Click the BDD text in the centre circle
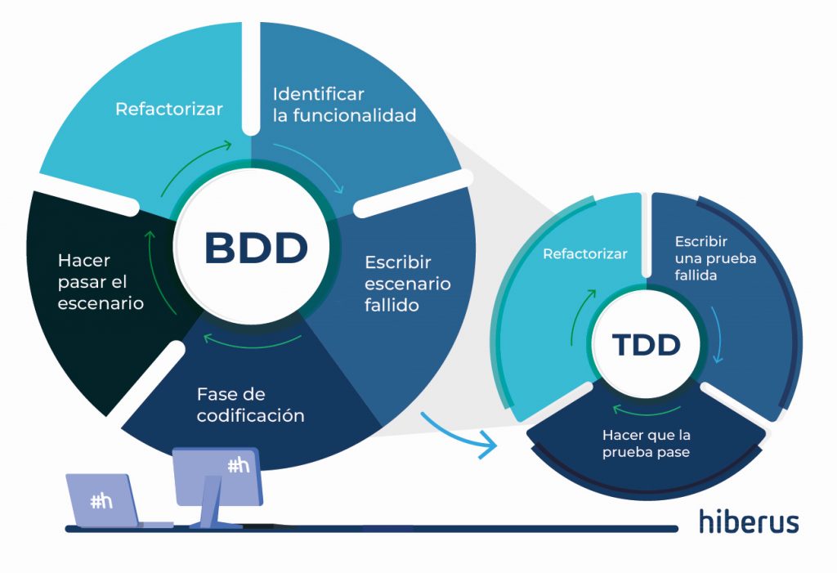pyautogui.click(x=256, y=248)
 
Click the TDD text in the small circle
pyautogui.click(x=647, y=344)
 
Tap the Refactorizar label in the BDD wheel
pyautogui.click(x=169, y=109)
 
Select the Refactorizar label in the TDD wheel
pyautogui.click(x=585, y=253)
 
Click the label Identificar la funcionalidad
pyautogui.click(x=344, y=105)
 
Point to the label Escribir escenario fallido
pyautogui.click(x=408, y=284)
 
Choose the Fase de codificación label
pyautogui.click(x=250, y=405)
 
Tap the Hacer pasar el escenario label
pyautogui.click(x=101, y=281)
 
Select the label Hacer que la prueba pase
pyautogui.click(x=646, y=444)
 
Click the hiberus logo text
pyautogui.click(x=749, y=522)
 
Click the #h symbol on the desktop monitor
pyautogui.click(x=239, y=466)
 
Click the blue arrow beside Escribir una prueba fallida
pyautogui.click(x=718, y=335)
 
